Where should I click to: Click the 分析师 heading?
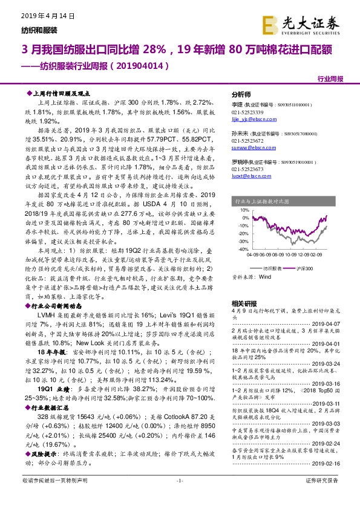(x=241, y=95)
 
